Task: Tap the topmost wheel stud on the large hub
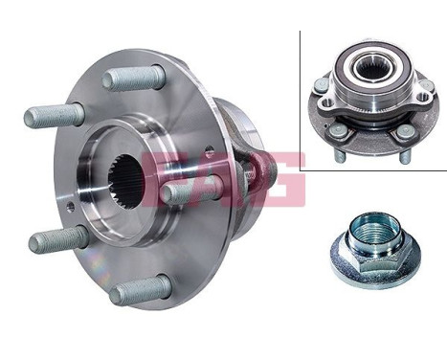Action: point(134,77)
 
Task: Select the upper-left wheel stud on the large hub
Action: point(53,116)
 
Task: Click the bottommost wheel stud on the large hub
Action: point(139,290)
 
